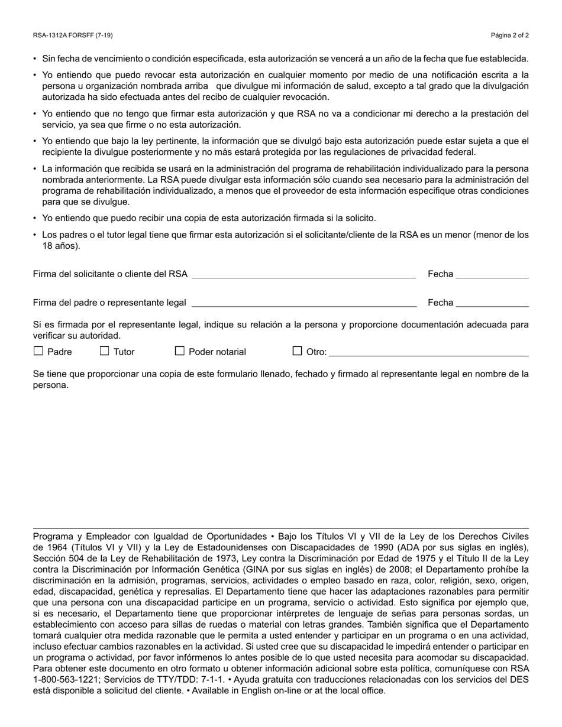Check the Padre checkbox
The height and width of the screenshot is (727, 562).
[38, 351]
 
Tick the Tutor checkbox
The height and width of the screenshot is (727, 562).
[105, 351]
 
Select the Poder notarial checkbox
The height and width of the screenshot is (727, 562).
[180, 351]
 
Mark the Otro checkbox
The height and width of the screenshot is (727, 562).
[298, 351]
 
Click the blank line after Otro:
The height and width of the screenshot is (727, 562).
[428, 353]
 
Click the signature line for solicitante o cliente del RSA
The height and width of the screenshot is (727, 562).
[303, 275]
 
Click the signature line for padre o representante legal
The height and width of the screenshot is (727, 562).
[304, 303]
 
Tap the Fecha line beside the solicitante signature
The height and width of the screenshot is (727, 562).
[492, 275]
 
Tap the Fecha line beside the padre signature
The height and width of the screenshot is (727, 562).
[492, 303]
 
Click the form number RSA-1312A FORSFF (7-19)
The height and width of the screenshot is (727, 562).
[73, 35]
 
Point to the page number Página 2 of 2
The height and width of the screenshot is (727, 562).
[510, 35]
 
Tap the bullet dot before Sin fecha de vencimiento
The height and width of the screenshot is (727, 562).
[35, 59]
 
